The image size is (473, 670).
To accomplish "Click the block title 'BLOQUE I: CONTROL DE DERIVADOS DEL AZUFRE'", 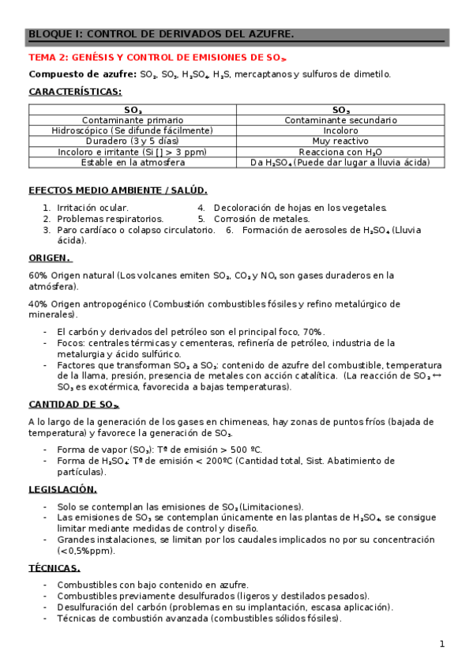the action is (x=161, y=35).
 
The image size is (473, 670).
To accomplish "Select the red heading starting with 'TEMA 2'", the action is (x=157, y=58).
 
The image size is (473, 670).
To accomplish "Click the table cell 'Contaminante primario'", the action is (x=133, y=120).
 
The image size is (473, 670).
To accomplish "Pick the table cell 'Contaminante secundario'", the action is (x=341, y=120).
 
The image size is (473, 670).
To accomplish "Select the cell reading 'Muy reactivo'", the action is (x=341, y=141).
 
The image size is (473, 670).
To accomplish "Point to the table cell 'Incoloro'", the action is (x=341, y=130).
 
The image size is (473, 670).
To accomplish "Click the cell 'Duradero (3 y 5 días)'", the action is (x=133, y=141).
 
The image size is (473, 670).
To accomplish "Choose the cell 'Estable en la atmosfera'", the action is (x=133, y=162).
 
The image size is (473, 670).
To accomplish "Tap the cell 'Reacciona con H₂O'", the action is (x=341, y=152).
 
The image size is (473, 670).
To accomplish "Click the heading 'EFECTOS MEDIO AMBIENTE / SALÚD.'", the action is (x=118, y=190).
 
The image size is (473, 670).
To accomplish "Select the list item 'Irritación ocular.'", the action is (x=87, y=208).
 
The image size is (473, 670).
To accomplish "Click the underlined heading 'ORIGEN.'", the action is (x=49, y=258).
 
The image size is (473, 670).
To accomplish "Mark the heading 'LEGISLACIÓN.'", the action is (x=62, y=489).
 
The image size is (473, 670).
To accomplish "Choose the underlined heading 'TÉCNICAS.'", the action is (x=54, y=567).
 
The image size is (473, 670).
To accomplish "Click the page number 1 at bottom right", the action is (x=442, y=644).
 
